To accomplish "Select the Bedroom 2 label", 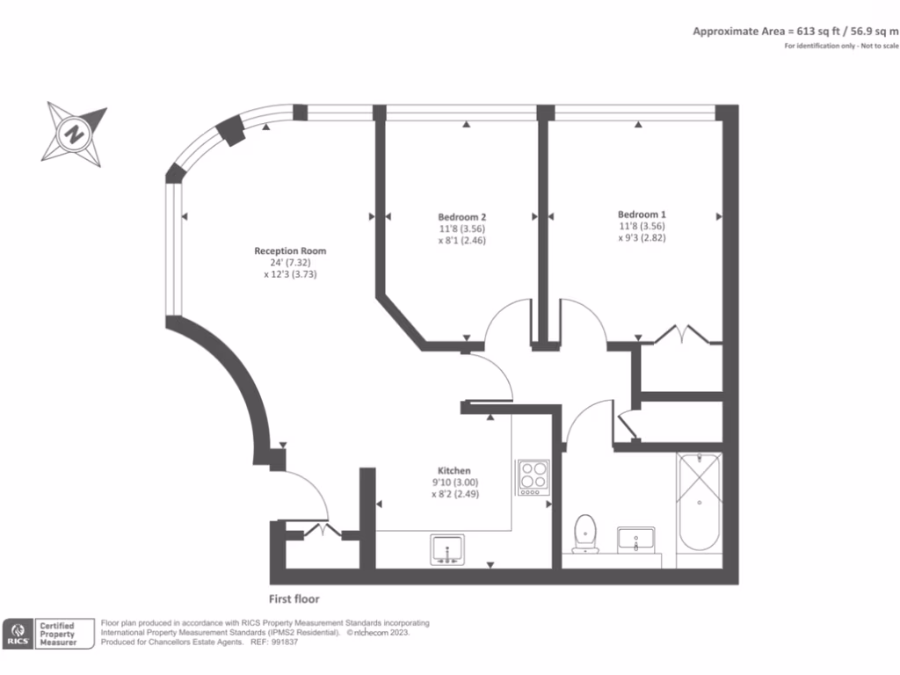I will pyautogui.click(x=462, y=217).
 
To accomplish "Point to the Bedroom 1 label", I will pyautogui.click(x=642, y=214).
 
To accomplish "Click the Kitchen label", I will pyautogui.click(x=454, y=471).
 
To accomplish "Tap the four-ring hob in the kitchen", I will pyautogui.click(x=533, y=477).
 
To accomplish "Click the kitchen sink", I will pyautogui.click(x=450, y=550).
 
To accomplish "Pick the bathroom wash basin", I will pyautogui.click(x=636, y=538).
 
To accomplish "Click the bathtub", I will pyautogui.click(x=700, y=502).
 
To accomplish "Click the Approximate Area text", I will pyautogui.click(x=795, y=31).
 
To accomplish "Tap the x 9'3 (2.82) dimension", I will pyautogui.click(x=642, y=237).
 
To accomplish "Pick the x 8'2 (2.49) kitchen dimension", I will pyautogui.click(x=454, y=494).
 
